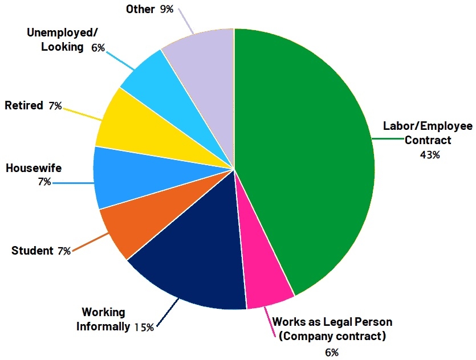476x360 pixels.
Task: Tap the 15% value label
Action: (x=144, y=327)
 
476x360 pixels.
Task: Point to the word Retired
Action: (x=24, y=105)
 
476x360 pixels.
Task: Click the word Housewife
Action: (x=33, y=169)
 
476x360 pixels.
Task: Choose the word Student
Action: (x=32, y=251)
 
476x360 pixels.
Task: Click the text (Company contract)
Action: (x=332, y=336)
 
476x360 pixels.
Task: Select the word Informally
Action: (x=103, y=327)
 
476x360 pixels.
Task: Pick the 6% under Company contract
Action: (x=332, y=351)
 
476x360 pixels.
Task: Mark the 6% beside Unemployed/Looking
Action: (x=98, y=48)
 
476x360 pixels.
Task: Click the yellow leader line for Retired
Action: (x=80, y=111)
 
